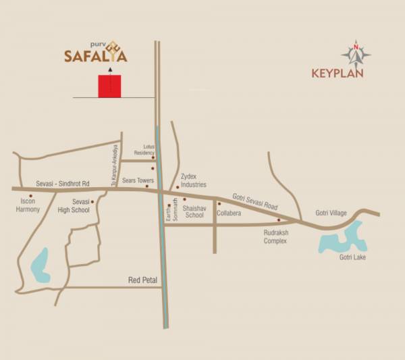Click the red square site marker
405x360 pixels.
click(109, 86)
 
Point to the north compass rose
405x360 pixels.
click(356, 54)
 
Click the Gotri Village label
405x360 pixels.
click(331, 213)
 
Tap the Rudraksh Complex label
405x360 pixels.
click(275, 236)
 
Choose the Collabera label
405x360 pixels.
click(229, 213)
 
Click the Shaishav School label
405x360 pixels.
click(193, 211)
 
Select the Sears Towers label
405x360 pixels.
click(138, 181)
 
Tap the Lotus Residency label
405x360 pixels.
click(149, 150)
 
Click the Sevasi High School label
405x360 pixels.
click(81, 206)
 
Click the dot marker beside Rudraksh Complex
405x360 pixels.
click(278, 220)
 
